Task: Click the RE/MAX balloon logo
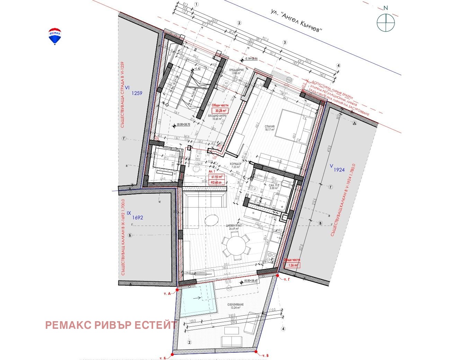[55, 36]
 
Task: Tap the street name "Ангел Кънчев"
[297, 21]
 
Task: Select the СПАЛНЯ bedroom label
[270, 126]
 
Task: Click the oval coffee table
[212, 219]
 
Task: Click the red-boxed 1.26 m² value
[292, 265]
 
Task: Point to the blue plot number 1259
[137, 93]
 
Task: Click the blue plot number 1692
[137, 218]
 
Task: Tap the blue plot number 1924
[339, 170]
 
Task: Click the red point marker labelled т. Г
[278, 275]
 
